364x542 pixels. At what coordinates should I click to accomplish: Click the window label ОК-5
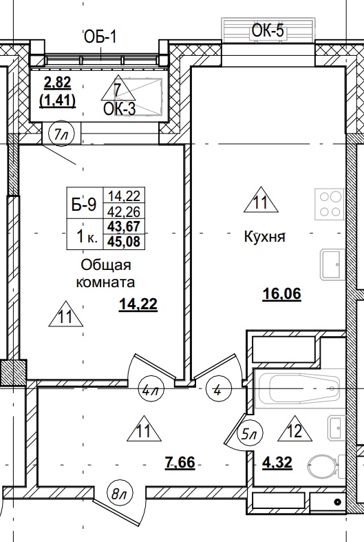pyautogui.click(x=268, y=30)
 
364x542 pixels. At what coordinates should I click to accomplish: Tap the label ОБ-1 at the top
pyautogui.click(x=100, y=37)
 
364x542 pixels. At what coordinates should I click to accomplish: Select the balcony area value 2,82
pyautogui.click(x=57, y=84)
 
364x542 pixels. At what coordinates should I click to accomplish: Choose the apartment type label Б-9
pyautogui.click(x=83, y=204)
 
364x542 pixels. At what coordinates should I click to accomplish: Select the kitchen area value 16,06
pyautogui.click(x=282, y=293)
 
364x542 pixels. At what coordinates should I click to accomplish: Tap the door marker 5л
pyautogui.click(x=249, y=435)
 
